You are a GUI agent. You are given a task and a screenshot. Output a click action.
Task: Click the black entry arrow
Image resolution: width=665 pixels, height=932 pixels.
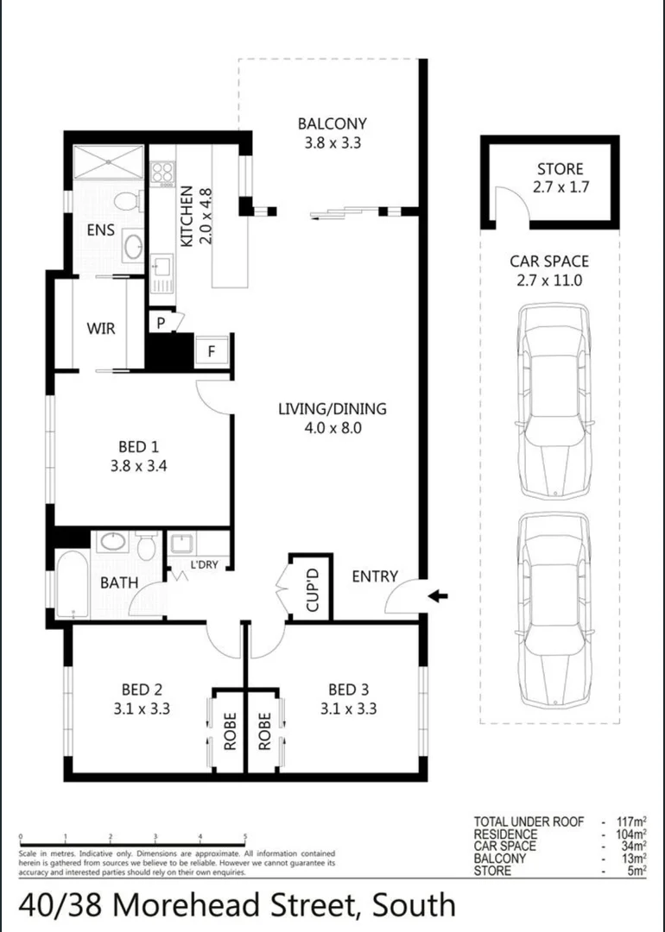440,595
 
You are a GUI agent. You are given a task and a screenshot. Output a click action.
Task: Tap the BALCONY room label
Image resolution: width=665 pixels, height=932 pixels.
332,123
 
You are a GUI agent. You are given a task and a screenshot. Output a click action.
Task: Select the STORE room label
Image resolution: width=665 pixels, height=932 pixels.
560,169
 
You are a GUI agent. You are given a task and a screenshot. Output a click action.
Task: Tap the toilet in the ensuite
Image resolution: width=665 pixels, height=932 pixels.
127,201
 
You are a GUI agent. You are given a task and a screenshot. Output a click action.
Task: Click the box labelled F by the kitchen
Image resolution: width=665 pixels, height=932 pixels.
212,351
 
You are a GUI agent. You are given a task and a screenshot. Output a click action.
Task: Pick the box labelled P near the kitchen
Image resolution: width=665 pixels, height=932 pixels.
161,322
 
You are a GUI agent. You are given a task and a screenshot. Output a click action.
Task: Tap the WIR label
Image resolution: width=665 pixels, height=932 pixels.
100,329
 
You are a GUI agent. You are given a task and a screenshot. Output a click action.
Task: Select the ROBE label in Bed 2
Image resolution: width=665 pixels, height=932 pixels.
230,729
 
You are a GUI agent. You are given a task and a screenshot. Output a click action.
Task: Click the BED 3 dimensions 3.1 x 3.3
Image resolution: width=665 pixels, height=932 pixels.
348,709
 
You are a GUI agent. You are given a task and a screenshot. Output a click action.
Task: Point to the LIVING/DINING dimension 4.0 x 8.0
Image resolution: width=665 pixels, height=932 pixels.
332,426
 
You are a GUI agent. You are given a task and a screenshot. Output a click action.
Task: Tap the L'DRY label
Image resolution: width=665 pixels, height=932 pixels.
203,566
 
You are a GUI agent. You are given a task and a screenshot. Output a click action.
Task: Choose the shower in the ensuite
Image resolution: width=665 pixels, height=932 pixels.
108,161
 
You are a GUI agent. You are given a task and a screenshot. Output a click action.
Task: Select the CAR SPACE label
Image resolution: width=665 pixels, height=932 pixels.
549,261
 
